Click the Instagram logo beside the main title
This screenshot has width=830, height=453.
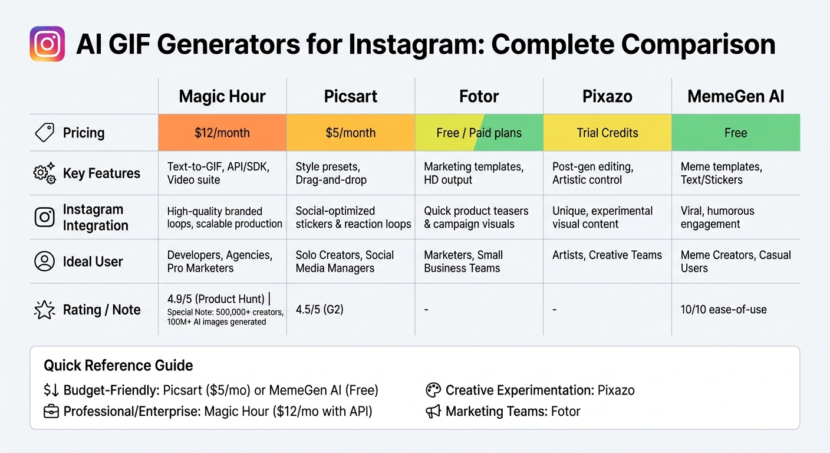click(x=47, y=44)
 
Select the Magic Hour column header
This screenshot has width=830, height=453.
click(x=222, y=97)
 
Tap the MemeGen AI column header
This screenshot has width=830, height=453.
click(x=736, y=97)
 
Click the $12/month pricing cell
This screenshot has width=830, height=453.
click(x=222, y=133)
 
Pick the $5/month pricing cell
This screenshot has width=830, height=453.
click(x=351, y=133)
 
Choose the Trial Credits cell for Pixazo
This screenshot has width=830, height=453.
click(x=607, y=133)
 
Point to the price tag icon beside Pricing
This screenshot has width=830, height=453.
click(x=45, y=133)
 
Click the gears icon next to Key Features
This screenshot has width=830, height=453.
click(x=45, y=173)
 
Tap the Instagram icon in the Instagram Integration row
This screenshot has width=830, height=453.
click(x=45, y=217)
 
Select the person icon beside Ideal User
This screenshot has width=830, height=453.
click(x=45, y=261)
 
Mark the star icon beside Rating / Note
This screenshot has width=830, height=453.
click(x=45, y=310)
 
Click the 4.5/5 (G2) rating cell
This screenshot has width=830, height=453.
click(x=320, y=309)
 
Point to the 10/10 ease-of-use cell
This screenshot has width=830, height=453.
click(x=723, y=309)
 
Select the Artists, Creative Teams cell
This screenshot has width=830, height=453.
click(x=607, y=255)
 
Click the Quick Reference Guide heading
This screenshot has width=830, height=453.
click(x=118, y=366)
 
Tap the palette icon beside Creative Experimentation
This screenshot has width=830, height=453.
click(x=433, y=390)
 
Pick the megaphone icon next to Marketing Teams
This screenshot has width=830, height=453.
click(x=433, y=411)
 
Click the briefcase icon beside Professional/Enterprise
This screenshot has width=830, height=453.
click(x=51, y=411)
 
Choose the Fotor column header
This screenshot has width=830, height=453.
click(x=479, y=97)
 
